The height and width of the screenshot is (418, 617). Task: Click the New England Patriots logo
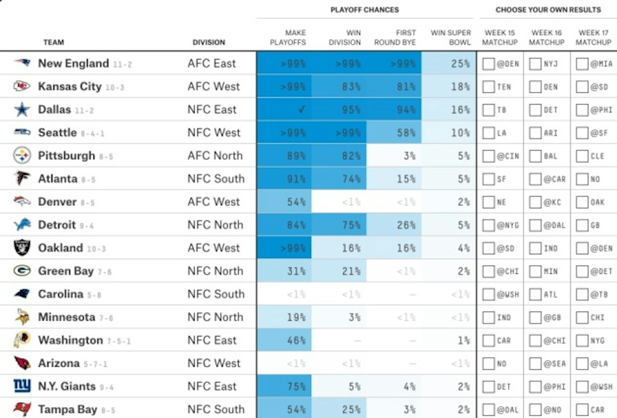22,63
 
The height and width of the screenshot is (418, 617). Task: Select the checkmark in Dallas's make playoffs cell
301,109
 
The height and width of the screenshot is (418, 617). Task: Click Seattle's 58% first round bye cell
393,132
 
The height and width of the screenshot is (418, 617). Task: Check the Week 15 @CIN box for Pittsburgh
488,156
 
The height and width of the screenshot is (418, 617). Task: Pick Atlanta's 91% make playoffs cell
284,179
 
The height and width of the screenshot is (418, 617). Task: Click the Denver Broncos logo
22,202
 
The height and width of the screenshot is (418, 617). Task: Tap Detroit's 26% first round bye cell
393,225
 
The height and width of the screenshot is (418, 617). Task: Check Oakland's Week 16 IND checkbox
535,248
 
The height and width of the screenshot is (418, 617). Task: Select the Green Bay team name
66,271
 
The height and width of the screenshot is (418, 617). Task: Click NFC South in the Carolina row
216,294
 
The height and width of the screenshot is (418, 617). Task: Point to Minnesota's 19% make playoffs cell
284,317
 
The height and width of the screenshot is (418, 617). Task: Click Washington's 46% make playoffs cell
284,340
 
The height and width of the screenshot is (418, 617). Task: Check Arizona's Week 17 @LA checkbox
582,364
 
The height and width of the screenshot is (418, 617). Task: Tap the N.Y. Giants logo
22,386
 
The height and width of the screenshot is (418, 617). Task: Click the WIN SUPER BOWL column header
451,38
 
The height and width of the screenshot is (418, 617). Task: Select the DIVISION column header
209,42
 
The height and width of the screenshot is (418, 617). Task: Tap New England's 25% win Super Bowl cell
449,63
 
